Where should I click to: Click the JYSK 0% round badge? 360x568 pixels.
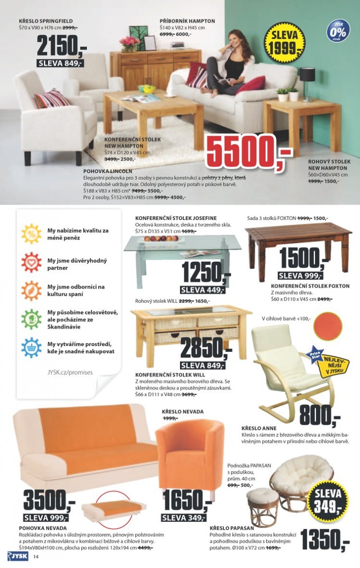click(x=339, y=31)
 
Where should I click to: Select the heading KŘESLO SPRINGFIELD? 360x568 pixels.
click(x=46, y=21)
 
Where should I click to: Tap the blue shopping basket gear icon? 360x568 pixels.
click(x=31, y=348)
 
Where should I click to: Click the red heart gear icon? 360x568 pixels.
click(x=31, y=262)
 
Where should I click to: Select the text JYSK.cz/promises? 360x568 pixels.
click(x=70, y=372)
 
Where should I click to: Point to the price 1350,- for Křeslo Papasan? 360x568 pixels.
click(x=324, y=538)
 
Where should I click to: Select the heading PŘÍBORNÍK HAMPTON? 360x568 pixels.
click(x=187, y=21)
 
